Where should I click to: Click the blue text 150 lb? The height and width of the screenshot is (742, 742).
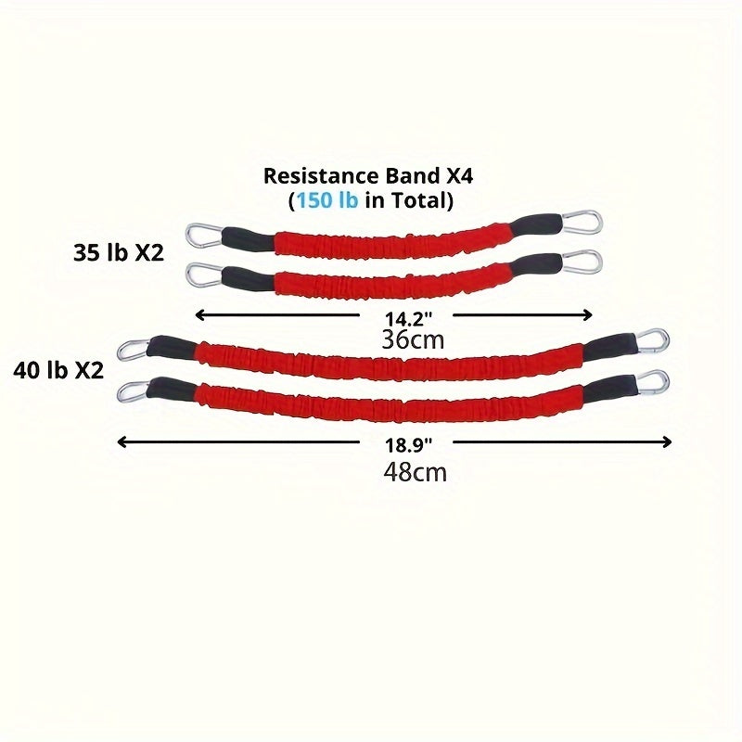(326, 198)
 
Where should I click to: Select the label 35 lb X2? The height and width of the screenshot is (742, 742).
(118, 252)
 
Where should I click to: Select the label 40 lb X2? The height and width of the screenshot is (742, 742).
(58, 370)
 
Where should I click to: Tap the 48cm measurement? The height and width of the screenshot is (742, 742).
(415, 471)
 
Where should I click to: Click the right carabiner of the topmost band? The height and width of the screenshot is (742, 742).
(584, 223)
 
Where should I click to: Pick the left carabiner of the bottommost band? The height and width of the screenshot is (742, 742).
(134, 390)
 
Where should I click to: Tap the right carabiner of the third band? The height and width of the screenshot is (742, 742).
(653, 339)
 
